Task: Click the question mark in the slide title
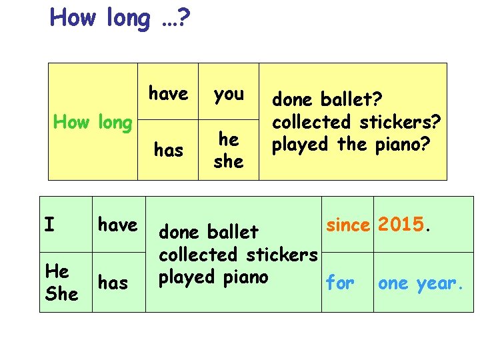(x=183, y=18)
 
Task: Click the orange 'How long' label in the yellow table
(x=93, y=122)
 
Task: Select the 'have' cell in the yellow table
(x=168, y=94)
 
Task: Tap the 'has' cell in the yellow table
(x=168, y=151)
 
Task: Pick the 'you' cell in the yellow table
(x=229, y=94)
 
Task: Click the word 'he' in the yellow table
(x=229, y=139)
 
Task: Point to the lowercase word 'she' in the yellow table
(x=229, y=161)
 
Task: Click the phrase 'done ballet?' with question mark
(x=326, y=100)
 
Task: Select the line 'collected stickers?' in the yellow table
(x=357, y=122)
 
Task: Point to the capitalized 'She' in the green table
(x=61, y=293)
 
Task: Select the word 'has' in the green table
(x=113, y=283)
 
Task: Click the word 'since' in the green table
(x=347, y=225)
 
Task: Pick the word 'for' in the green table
(x=340, y=283)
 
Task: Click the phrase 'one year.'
(x=419, y=283)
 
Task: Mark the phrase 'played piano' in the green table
(x=213, y=277)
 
